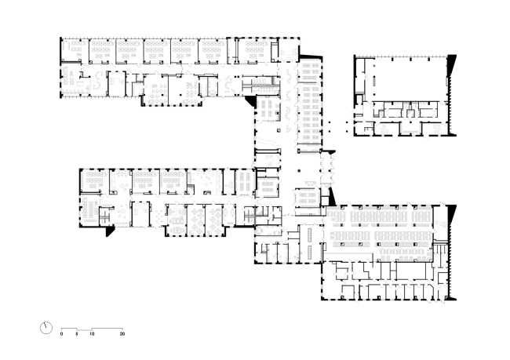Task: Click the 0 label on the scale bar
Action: click(x=61, y=333)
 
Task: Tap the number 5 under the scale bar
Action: click(x=77, y=333)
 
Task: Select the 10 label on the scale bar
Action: click(x=92, y=333)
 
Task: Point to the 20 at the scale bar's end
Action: click(x=122, y=333)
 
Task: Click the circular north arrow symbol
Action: click(x=46, y=328)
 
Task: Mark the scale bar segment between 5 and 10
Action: click(x=84, y=330)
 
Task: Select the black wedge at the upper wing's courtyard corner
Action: click(x=250, y=101)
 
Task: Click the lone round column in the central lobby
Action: click(x=299, y=170)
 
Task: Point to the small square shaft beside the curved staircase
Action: click(x=279, y=130)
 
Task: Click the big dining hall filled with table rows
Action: click(x=379, y=233)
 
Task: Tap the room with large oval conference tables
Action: click(x=177, y=220)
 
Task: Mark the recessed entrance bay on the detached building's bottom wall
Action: click(x=410, y=129)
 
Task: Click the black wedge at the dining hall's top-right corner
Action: click(x=452, y=215)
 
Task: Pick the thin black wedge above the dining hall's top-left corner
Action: click(x=332, y=197)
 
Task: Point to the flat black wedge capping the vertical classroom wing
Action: click(x=311, y=57)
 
